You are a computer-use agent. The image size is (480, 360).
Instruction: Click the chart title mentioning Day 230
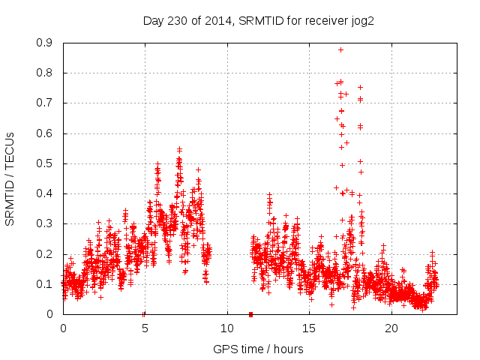click(258, 20)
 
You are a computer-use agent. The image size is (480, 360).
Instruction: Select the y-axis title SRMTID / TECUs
click(10, 179)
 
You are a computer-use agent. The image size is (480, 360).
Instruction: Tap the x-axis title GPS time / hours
click(258, 349)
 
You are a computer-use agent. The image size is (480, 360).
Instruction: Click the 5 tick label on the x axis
click(145, 328)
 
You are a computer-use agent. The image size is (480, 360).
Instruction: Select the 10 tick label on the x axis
click(227, 328)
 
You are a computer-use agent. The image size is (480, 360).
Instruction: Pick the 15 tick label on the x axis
click(310, 328)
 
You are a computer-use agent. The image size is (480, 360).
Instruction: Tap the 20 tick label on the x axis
click(392, 328)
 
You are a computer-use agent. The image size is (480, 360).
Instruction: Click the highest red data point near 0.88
click(340, 49)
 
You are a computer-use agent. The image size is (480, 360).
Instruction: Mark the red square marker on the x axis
click(250, 314)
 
